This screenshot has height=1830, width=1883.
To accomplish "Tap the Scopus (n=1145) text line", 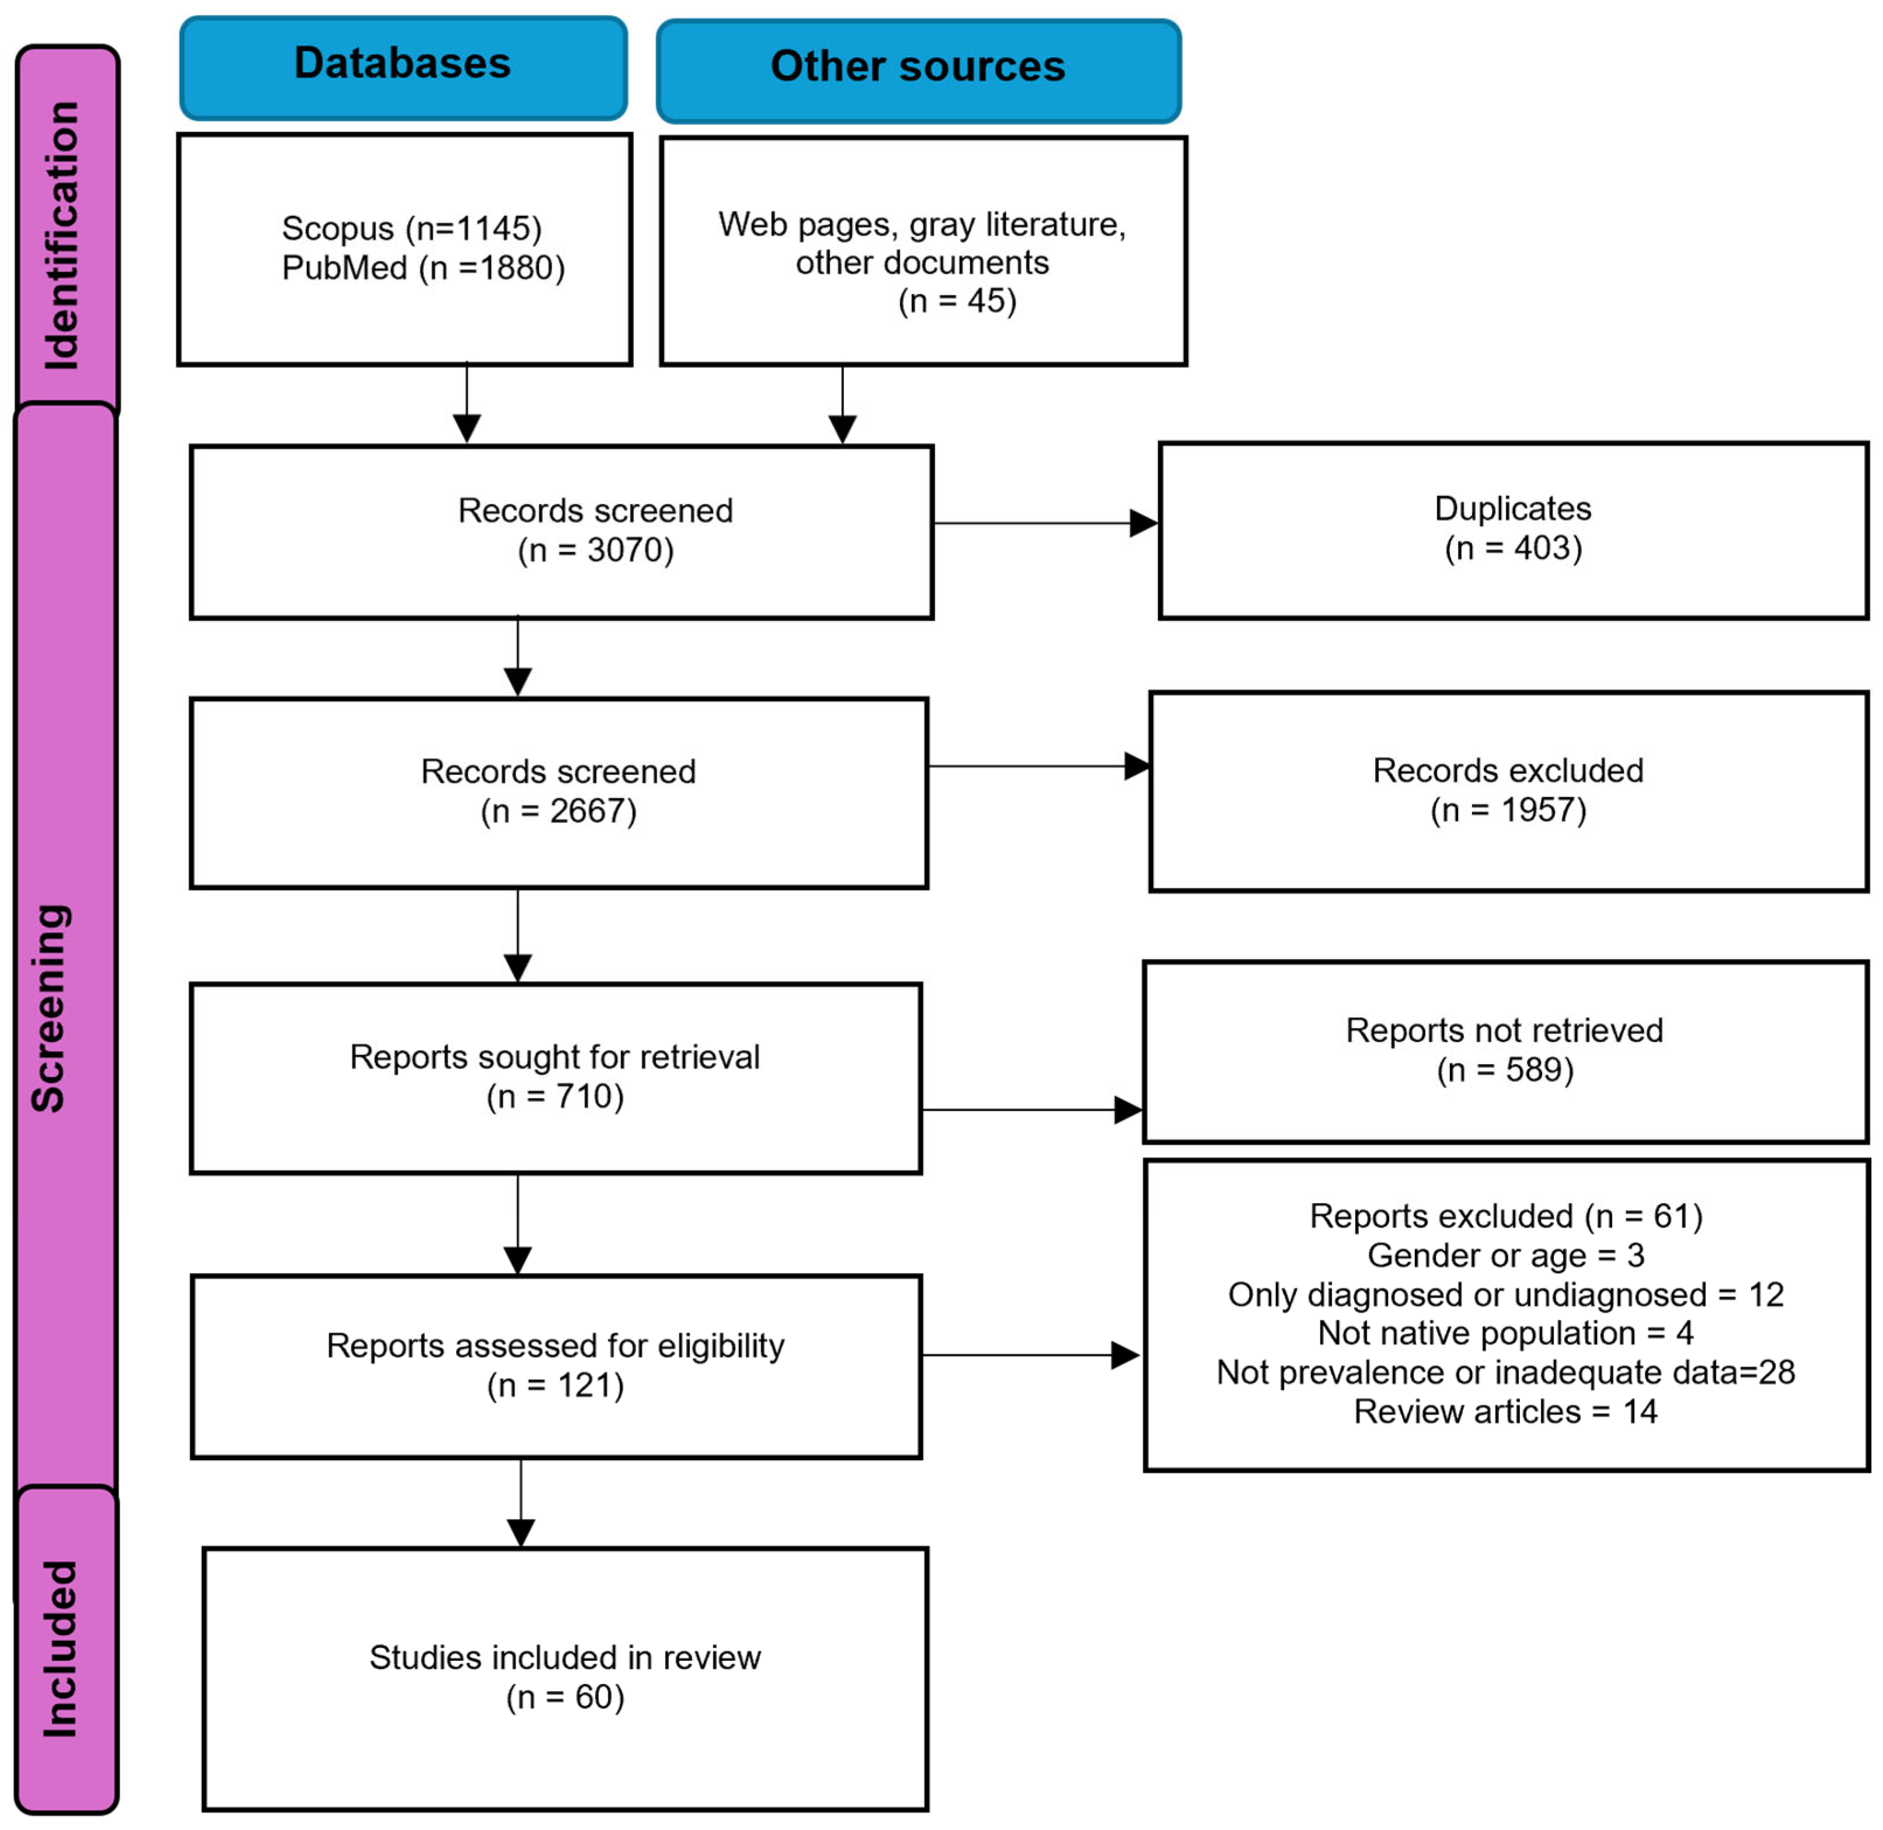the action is click(412, 229).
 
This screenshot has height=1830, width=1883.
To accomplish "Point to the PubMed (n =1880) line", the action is click(423, 267).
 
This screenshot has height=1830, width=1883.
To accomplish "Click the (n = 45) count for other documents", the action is click(957, 301).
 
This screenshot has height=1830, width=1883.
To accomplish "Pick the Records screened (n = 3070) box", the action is click(562, 532).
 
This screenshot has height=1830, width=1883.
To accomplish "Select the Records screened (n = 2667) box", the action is click(559, 793).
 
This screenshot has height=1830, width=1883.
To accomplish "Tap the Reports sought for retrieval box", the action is click(556, 1078).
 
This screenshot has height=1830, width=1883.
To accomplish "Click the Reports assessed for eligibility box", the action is click(556, 1367).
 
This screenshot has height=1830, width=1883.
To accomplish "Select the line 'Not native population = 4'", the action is click(1506, 1333).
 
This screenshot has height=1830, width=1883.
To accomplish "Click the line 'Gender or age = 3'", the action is click(1506, 1255).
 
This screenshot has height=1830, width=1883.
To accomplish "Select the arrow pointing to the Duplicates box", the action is click(1046, 523).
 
